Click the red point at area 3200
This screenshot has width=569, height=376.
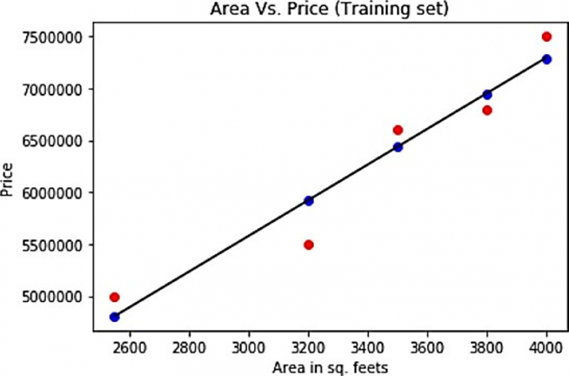pyautogui.click(x=309, y=245)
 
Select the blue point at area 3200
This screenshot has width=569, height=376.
pyautogui.click(x=309, y=201)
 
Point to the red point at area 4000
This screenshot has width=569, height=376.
pyautogui.click(x=547, y=36)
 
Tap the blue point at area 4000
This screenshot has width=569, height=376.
pyautogui.click(x=547, y=59)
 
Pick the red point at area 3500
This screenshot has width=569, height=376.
pyautogui.click(x=398, y=130)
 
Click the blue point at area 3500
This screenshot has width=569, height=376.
pyautogui.click(x=398, y=147)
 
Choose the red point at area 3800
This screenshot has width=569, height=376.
pyautogui.click(x=487, y=110)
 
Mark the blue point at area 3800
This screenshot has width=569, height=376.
pyautogui.click(x=487, y=94)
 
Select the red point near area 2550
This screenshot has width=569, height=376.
pyautogui.click(x=115, y=297)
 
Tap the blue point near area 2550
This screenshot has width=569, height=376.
pyautogui.click(x=115, y=317)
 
